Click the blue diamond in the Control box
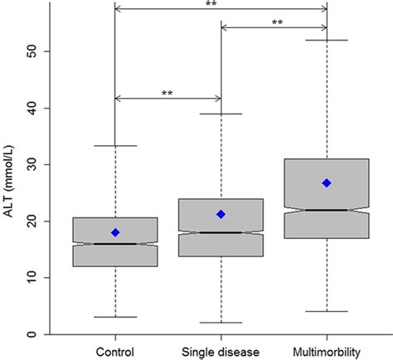coord(115,232)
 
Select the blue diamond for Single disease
coord(221,214)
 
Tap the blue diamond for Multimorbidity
coord(327,182)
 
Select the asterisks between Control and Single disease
coord(168,93)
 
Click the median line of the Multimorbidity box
coord(327,210)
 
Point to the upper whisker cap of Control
coord(115,146)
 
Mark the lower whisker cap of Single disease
coord(221,323)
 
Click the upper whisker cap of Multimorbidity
coord(327,40)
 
